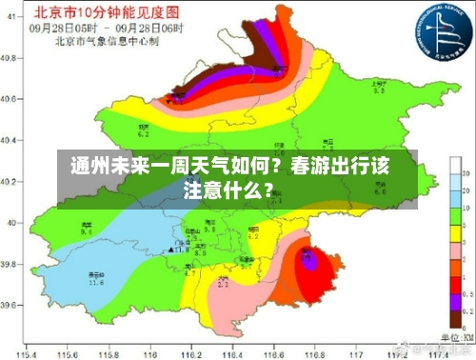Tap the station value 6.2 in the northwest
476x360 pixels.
pos(145,133)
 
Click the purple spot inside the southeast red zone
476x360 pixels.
pos(307,255)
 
